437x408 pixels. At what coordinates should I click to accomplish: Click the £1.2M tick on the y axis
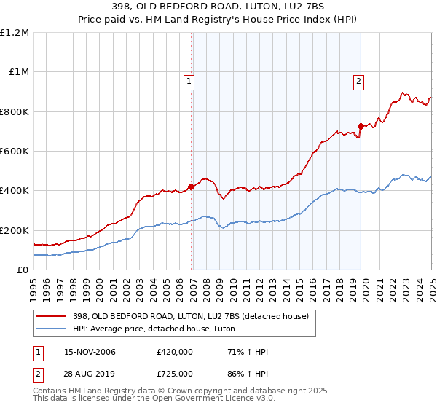pos(15,33)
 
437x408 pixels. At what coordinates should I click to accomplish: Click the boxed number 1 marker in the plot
pos(189,82)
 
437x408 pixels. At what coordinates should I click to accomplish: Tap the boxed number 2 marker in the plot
pos(359,82)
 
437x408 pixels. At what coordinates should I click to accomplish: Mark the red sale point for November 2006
pos(192,187)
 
